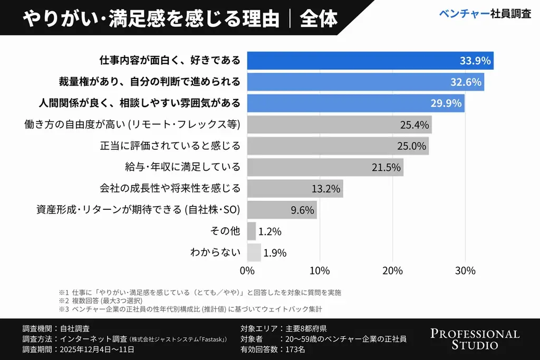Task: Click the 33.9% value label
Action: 475,61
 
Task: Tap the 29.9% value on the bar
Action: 446,103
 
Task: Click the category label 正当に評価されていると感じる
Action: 170,146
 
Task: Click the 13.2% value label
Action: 326,189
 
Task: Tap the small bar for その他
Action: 251,231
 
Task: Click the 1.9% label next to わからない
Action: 275,252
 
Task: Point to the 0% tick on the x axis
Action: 247,270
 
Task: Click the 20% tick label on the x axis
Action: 392,270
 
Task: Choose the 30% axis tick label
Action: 465,270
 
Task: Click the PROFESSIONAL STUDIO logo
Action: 475,339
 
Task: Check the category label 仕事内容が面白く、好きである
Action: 170,61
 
